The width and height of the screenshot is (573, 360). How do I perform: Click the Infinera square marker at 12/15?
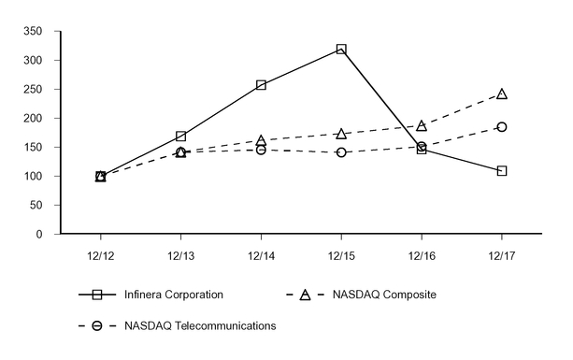(341, 49)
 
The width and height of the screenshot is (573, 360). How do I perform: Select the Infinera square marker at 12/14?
(261, 85)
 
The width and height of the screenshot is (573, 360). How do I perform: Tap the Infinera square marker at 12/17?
(502, 171)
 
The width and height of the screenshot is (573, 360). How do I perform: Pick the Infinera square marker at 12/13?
(180, 137)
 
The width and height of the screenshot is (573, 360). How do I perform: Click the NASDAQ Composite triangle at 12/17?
(502, 94)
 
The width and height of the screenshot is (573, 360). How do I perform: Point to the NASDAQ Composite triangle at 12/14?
(261, 140)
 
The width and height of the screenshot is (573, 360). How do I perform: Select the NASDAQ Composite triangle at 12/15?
(341, 134)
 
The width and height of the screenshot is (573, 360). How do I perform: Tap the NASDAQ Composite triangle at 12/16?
(422, 125)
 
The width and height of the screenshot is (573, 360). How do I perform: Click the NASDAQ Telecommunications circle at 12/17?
(502, 127)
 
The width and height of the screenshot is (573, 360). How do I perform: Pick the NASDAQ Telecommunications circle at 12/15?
(341, 152)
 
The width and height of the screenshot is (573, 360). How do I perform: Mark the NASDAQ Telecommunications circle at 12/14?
(261, 150)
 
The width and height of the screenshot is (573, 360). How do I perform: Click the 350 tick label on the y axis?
(34, 32)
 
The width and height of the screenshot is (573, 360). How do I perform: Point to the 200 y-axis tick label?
(34, 119)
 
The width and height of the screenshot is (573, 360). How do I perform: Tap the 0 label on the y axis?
(40, 235)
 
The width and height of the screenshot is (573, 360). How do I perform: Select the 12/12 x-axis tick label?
(100, 253)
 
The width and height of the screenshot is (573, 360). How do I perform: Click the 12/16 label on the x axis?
(422, 253)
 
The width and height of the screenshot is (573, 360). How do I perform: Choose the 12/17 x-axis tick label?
(502, 253)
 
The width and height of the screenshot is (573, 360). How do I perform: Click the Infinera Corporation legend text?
(174, 295)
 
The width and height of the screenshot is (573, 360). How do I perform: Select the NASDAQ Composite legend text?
(385, 295)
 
